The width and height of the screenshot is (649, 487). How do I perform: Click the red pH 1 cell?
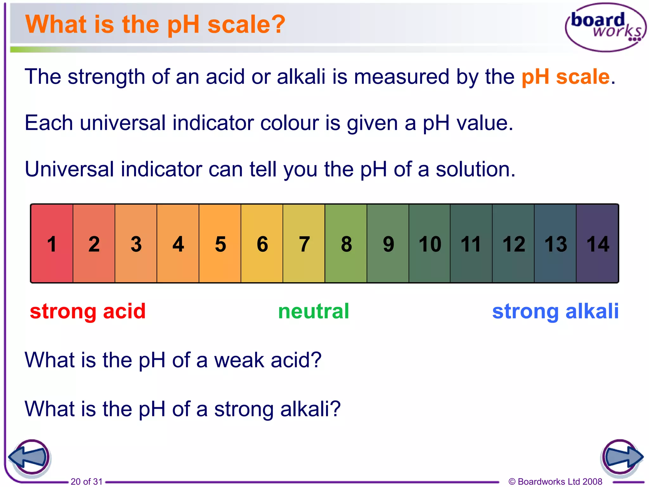tap(52, 243)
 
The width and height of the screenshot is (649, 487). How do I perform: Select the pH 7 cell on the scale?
tap(304, 243)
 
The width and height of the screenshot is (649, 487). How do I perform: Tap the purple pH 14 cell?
tap(597, 243)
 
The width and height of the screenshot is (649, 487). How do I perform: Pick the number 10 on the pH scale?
tap(430, 244)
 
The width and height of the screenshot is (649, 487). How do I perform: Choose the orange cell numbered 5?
tap(220, 243)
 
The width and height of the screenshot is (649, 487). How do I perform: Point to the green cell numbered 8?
tap(346, 243)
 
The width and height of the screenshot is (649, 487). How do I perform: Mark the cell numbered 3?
tap(136, 243)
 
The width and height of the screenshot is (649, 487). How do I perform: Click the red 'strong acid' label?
tap(88, 311)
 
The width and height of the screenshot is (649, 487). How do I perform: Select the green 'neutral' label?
tap(313, 311)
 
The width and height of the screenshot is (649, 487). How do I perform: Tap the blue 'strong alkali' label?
tap(555, 311)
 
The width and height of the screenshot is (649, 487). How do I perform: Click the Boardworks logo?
tap(606, 28)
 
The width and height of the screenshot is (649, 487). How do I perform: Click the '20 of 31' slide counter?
tap(87, 481)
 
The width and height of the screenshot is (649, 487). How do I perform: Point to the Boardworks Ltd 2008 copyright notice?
tap(555, 481)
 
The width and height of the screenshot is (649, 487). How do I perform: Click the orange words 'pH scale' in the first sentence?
tap(565, 77)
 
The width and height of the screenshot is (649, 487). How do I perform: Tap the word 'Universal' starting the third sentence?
tap(69, 169)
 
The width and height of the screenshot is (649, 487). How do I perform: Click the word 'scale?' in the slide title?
tap(246, 24)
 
